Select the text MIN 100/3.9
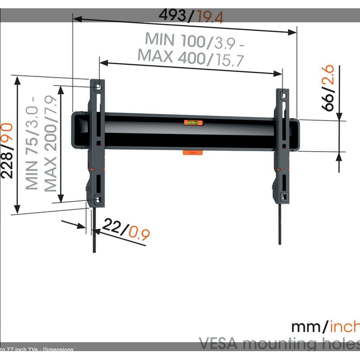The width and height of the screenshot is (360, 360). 189,40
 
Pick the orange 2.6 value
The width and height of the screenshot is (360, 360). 329,75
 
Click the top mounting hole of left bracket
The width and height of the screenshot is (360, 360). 98,86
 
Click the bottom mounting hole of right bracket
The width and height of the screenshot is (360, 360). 283,196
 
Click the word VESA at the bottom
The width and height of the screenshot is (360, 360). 222,343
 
